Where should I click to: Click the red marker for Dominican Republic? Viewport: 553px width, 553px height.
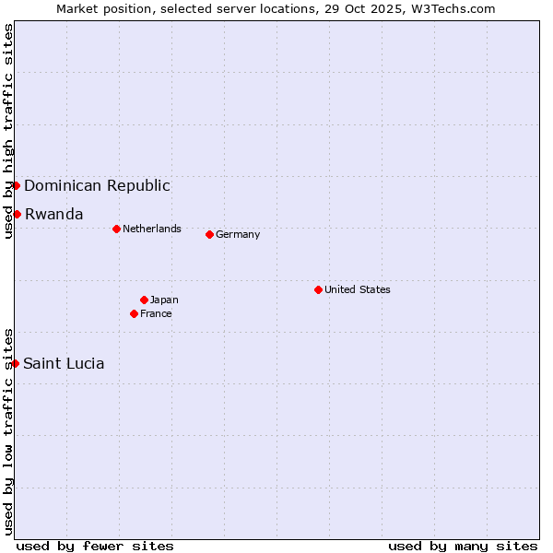coord(16,185)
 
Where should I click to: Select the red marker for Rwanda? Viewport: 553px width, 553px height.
coord(17,214)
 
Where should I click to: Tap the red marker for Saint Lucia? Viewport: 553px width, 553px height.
coord(16,363)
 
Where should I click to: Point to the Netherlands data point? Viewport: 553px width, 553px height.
coord(116,229)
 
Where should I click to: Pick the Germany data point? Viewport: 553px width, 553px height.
coord(209,234)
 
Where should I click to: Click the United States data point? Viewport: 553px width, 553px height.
coord(318,289)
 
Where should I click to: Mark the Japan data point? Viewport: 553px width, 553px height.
coord(144,300)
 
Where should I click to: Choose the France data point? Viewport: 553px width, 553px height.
coord(135,313)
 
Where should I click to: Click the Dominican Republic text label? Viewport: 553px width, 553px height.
coord(97,185)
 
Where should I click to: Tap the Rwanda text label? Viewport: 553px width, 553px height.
coord(53,214)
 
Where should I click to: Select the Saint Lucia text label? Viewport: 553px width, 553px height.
coord(64,363)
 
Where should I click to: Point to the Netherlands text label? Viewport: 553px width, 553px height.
coord(152,229)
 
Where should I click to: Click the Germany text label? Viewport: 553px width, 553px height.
coord(238,234)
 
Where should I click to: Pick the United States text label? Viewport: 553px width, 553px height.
coord(358,289)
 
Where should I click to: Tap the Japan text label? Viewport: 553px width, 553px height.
coord(164,300)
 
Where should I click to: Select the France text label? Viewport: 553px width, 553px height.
coord(156,313)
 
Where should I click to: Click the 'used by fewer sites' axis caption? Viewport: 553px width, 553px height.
coord(95,546)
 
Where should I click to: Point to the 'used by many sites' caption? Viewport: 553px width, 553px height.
coord(463,546)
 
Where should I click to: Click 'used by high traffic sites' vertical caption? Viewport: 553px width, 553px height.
coord(8,131)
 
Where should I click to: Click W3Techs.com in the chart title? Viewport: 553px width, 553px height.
coord(453,8)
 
